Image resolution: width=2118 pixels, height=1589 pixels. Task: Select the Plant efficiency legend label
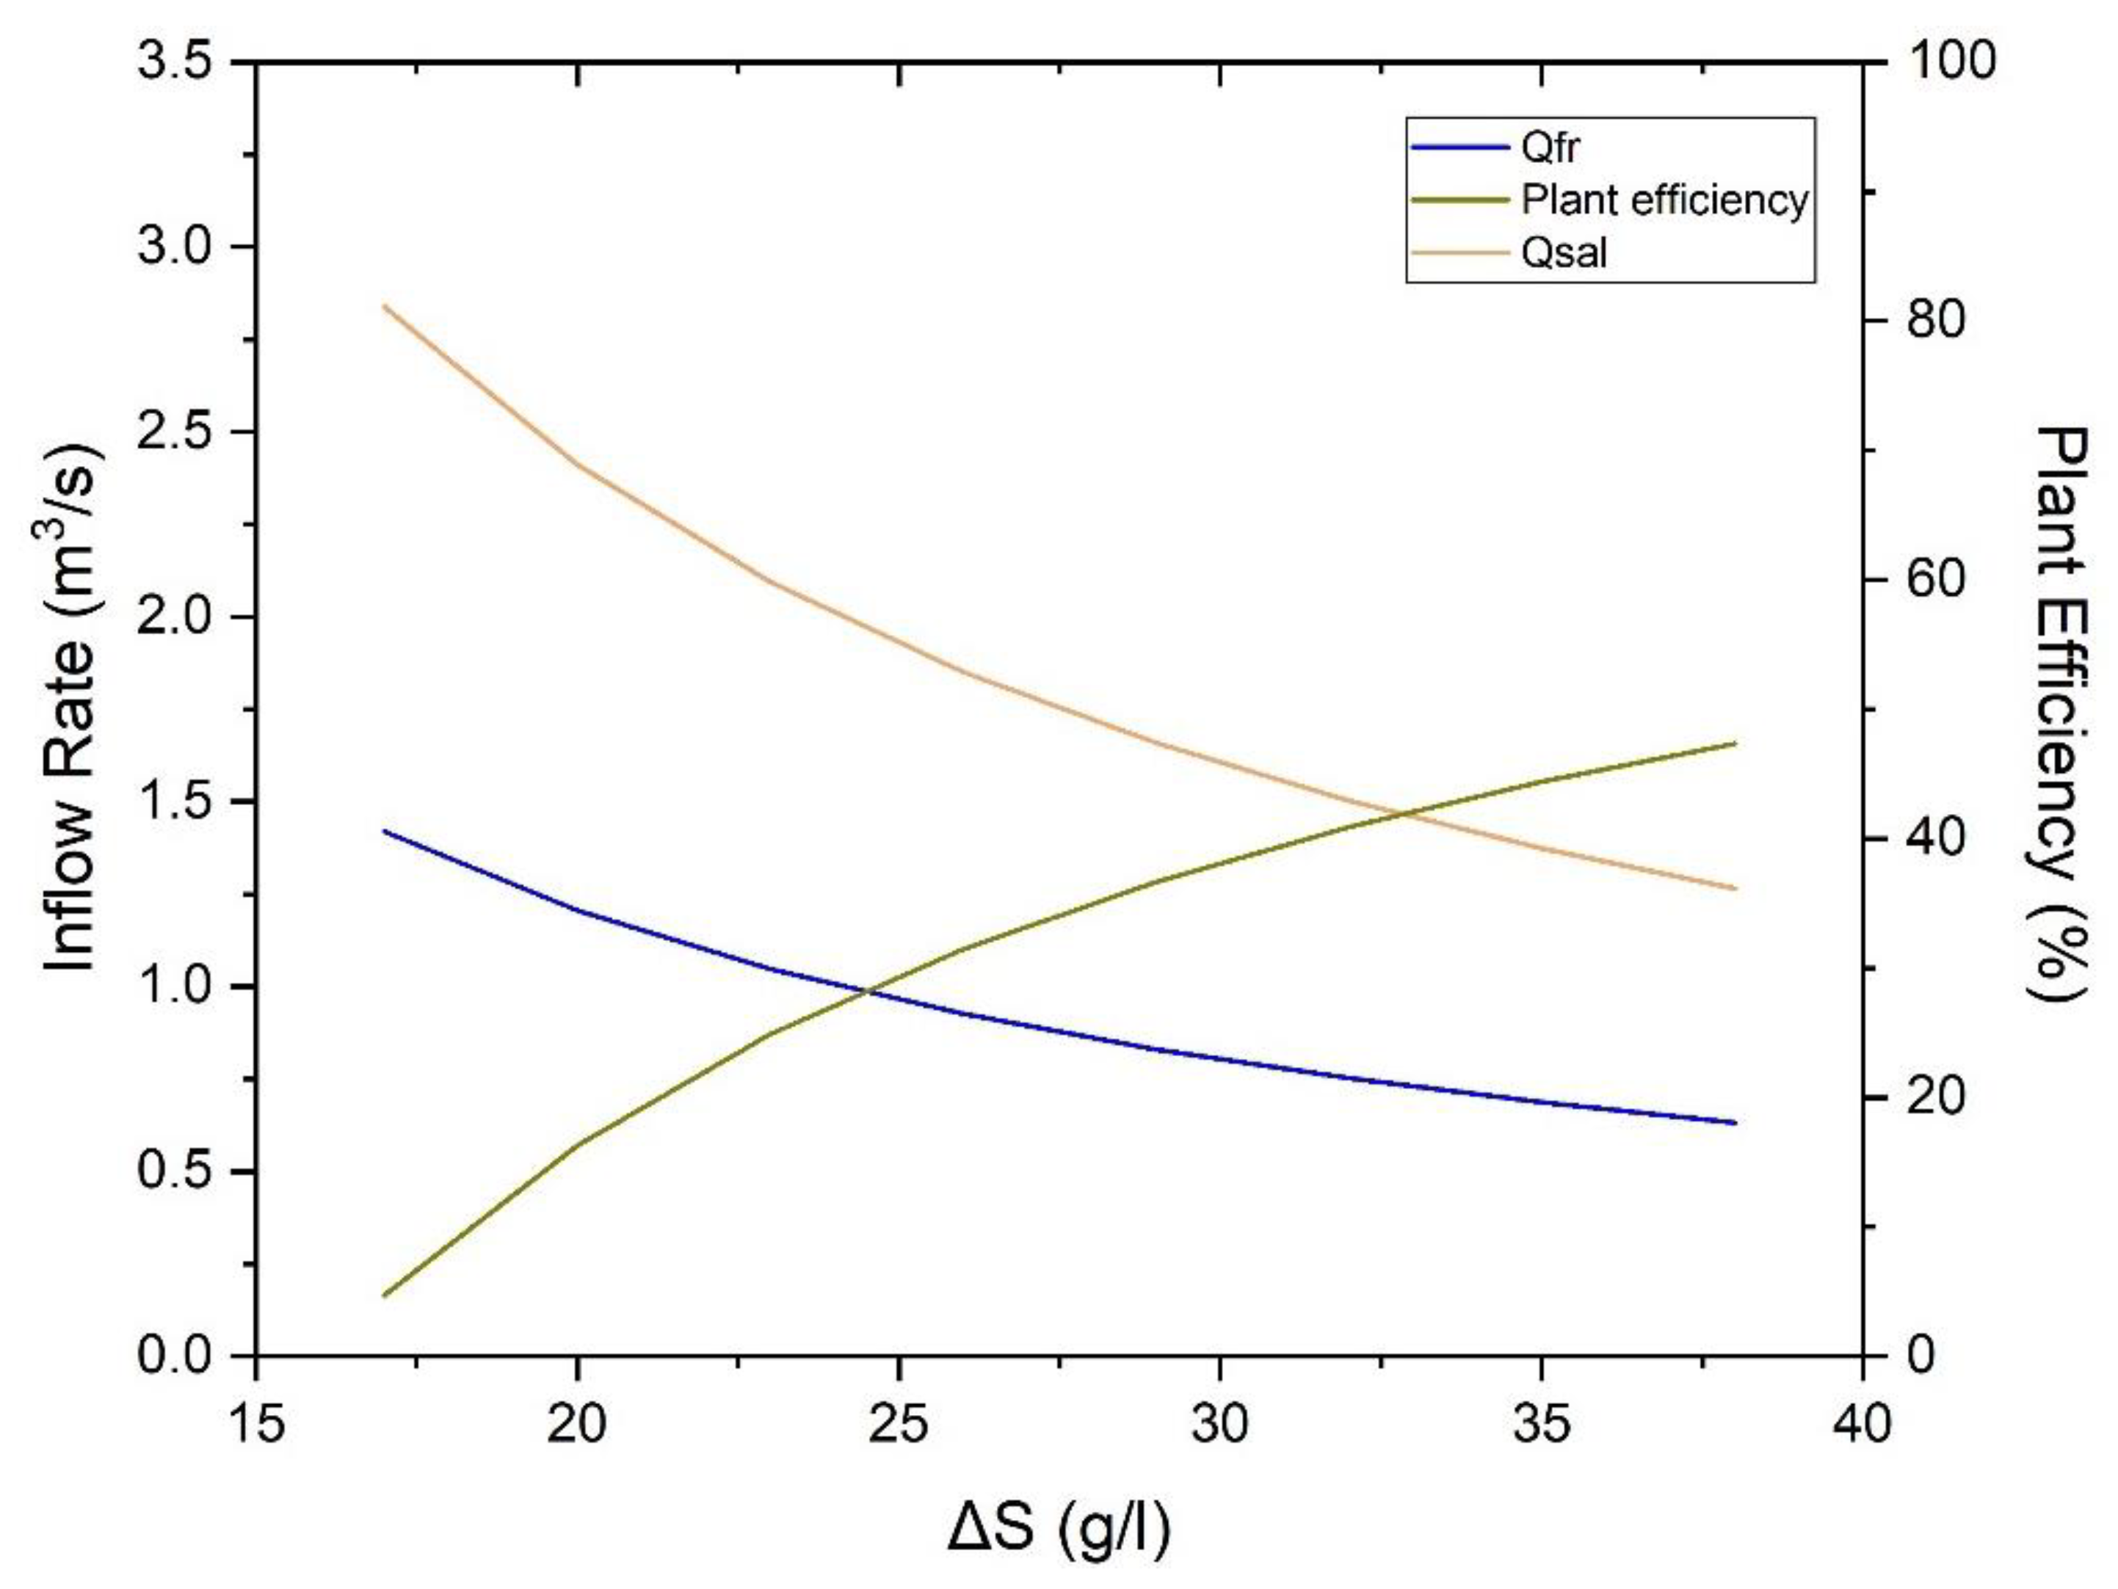(x=1664, y=200)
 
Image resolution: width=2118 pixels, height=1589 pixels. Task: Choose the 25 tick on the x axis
(x=898, y=1425)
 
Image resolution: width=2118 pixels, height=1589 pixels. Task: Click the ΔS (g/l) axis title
(x=1059, y=1530)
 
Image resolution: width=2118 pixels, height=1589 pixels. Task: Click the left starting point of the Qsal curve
(x=384, y=305)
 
